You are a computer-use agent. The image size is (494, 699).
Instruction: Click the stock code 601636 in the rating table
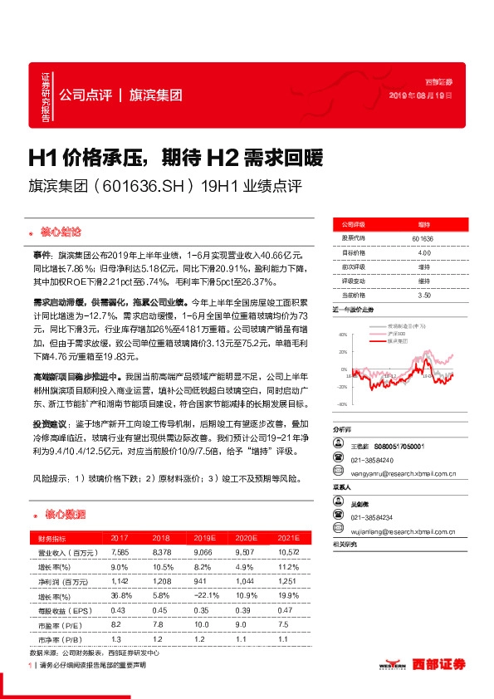point(423,239)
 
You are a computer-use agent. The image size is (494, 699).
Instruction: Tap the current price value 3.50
point(423,295)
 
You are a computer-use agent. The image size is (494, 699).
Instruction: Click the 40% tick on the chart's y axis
point(341,335)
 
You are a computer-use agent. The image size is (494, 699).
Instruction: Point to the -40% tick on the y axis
point(341,404)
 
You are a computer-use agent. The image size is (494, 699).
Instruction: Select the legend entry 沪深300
point(400,334)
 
